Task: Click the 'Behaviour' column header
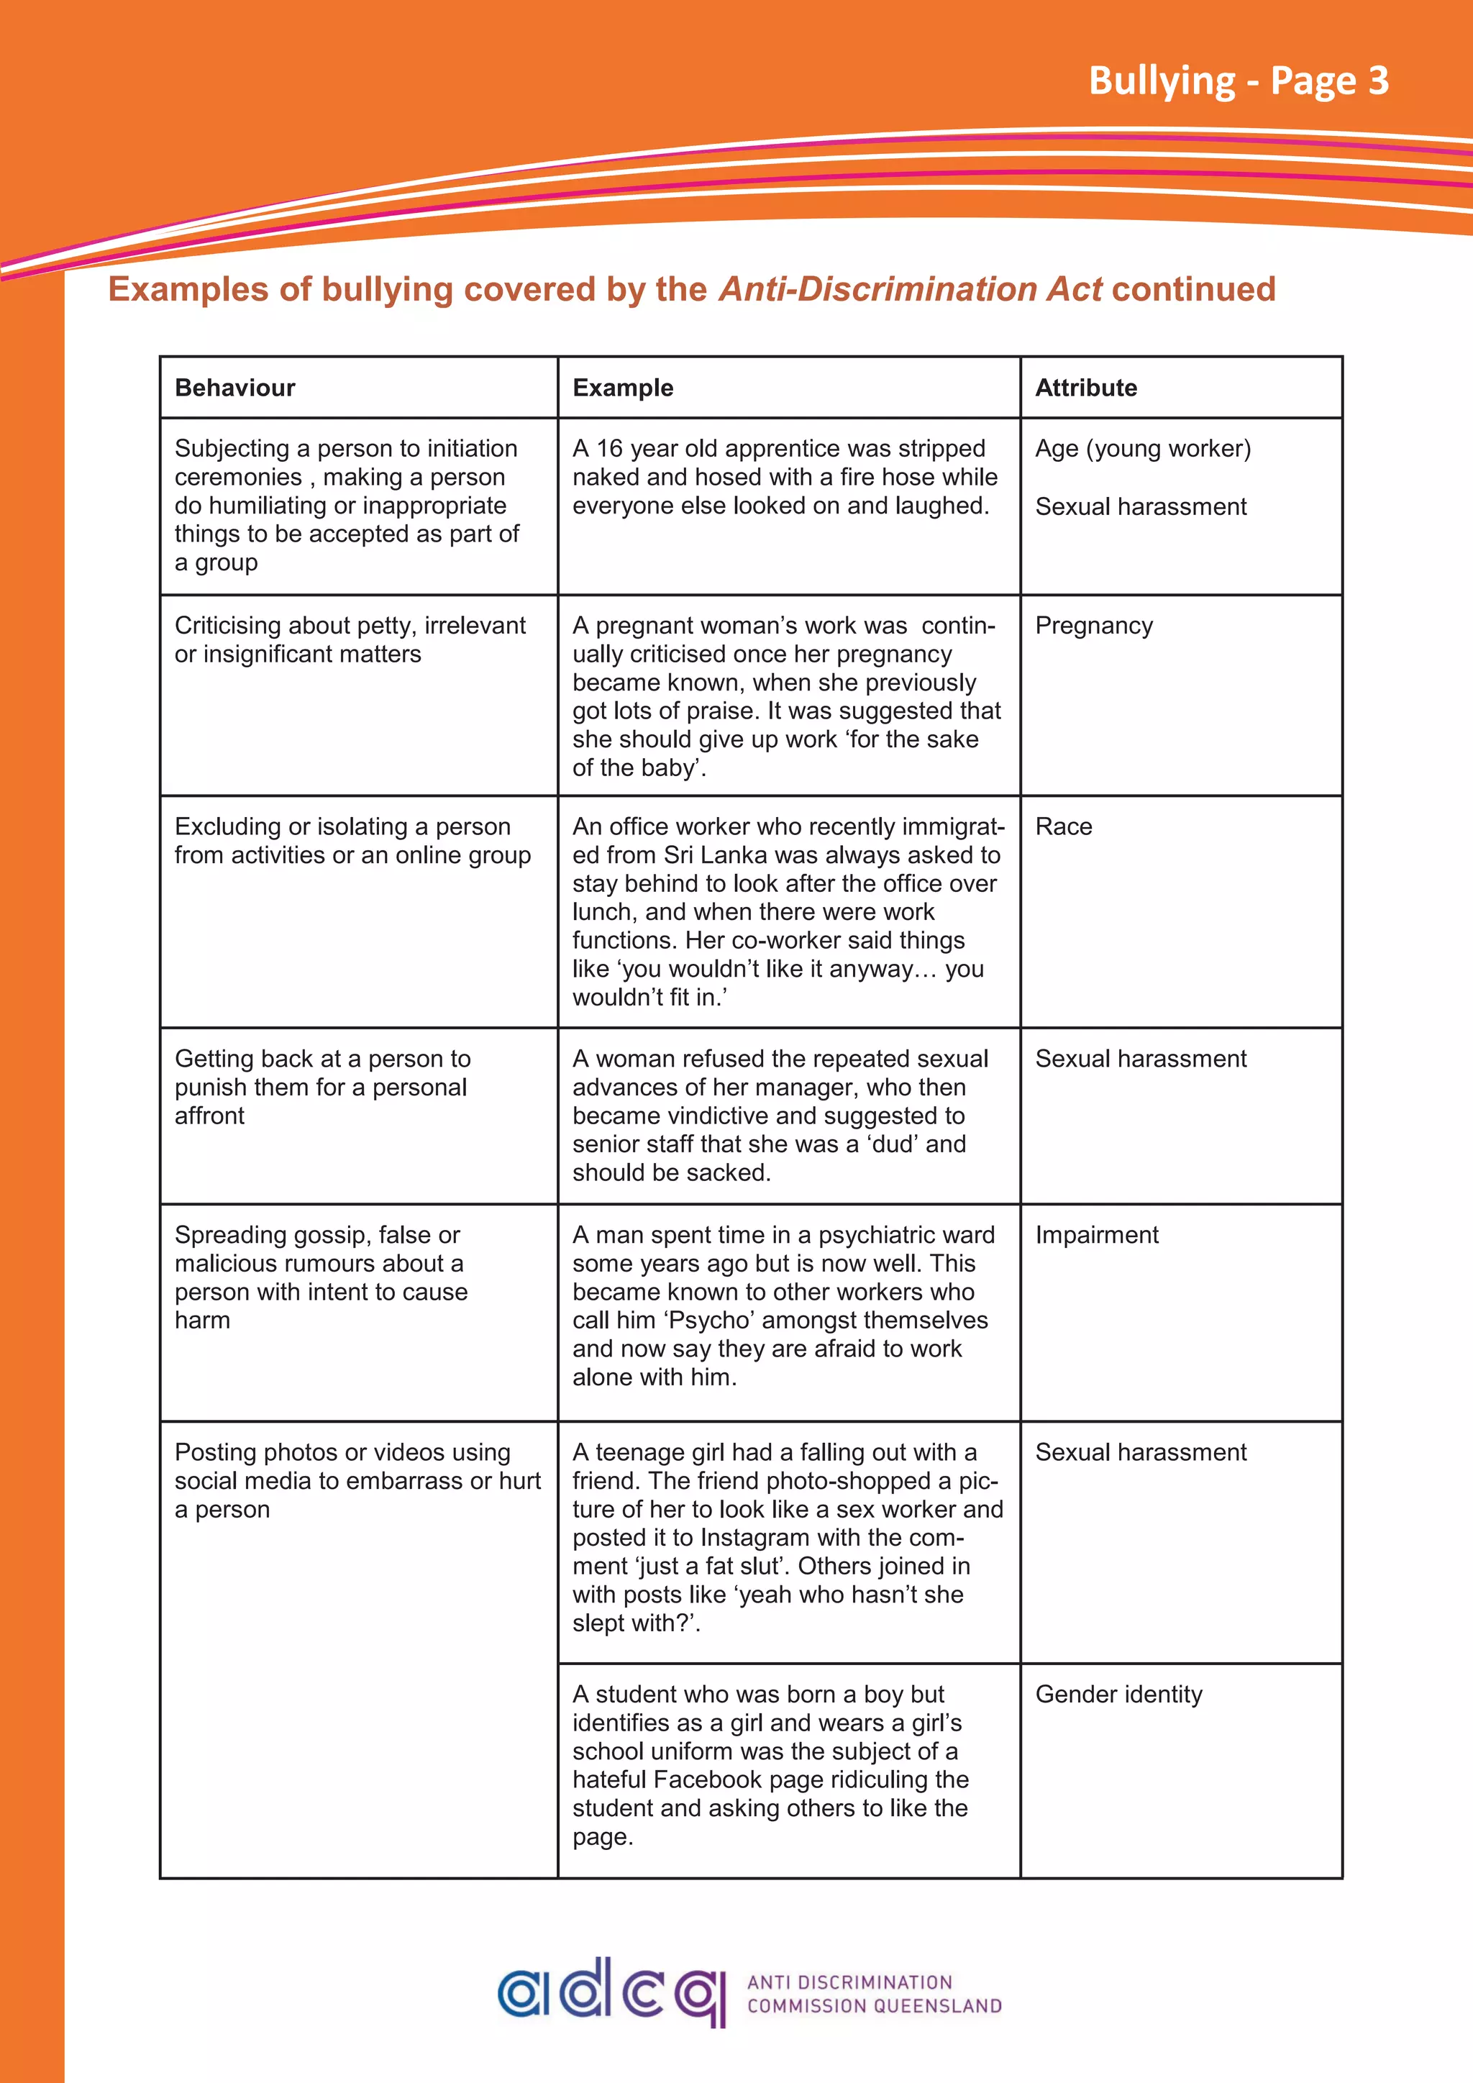click(235, 388)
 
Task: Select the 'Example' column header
click(622, 388)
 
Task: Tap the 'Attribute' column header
click(1086, 388)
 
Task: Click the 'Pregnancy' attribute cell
click(1094, 626)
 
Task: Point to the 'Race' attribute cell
click(1063, 826)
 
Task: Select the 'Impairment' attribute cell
click(1097, 1235)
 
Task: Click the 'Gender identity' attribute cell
click(1118, 1694)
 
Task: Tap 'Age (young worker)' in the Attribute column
click(1143, 448)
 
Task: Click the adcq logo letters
click(612, 1992)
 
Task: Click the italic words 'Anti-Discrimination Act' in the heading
click(910, 288)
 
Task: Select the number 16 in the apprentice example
click(608, 448)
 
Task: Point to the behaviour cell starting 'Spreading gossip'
click(321, 1277)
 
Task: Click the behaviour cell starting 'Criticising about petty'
click(350, 639)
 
